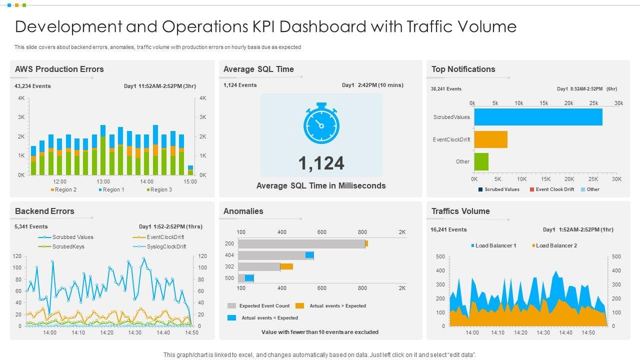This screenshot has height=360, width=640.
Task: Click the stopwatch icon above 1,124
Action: [x=321, y=123]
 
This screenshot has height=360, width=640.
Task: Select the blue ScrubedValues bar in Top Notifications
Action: [x=538, y=117]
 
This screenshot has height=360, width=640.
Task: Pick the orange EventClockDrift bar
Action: [x=490, y=139]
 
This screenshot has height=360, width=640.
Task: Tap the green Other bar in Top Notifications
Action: [x=481, y=161]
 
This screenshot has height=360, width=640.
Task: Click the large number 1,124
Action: [x=321, y=163]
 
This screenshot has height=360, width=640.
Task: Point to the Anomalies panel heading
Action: [x=243, y=211]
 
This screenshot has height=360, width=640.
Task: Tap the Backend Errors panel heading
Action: [x=44, y=211]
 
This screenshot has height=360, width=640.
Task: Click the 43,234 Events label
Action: [x=32, y=86]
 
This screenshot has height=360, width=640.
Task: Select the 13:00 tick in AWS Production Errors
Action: [x=103, y=181]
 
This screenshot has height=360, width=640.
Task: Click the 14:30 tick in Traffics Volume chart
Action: [x=543, y=332]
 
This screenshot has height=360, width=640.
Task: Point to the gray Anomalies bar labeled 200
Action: [x=301, y=243]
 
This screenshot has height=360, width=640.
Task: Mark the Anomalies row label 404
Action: [x=229, y=255]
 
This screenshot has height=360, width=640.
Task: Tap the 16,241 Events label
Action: [x=448, y=229]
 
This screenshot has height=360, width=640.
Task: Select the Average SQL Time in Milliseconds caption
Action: [x=321, y=185]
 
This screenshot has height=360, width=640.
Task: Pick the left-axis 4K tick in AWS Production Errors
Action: [x=21, y=98]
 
